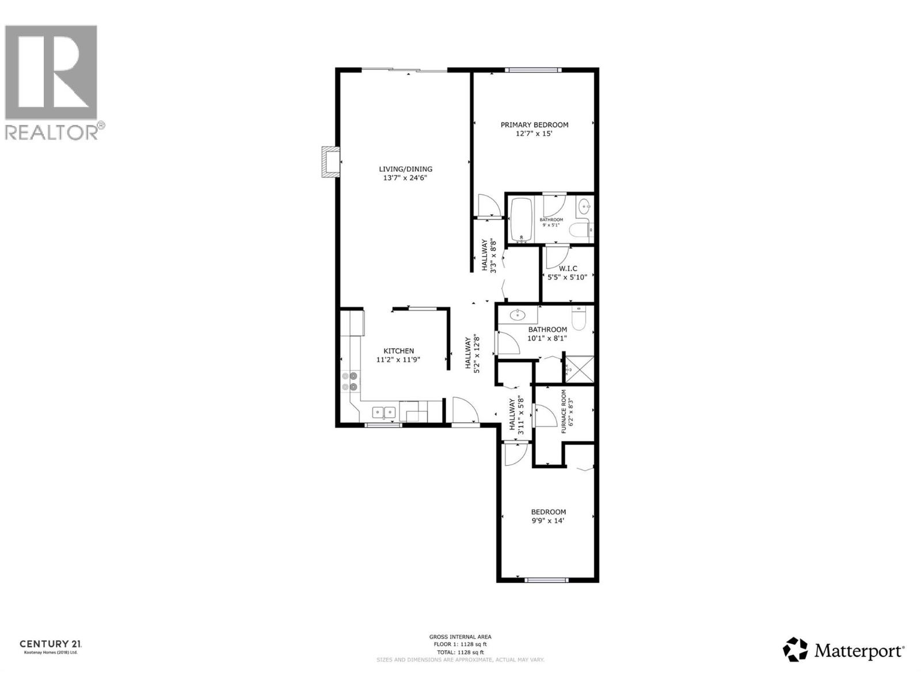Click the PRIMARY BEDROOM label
coord(534,125)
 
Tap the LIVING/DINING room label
coord(405,169)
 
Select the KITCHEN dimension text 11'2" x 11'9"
coord(398,360)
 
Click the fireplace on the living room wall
coord(330,162)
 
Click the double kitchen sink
coord(383,412)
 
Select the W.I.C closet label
coord(568,268)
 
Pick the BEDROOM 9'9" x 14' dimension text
coord(548,521)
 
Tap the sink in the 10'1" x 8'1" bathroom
coord(518,314)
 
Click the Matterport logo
coord(844,650)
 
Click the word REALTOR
coord(52,132)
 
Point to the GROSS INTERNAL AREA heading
coord(460,637)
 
